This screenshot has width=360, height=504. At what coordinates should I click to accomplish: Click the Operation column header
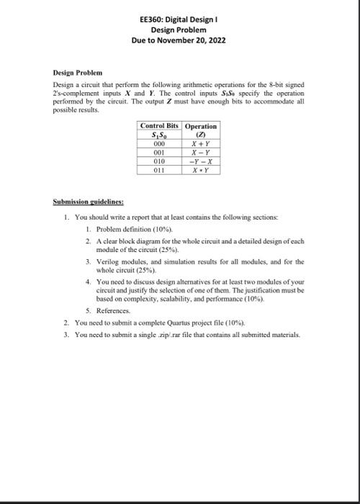(x=201, y=126)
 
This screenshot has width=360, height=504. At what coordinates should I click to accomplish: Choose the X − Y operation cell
(x=201, y=153)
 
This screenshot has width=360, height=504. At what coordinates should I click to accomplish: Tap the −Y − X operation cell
(x=201, y=162)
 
